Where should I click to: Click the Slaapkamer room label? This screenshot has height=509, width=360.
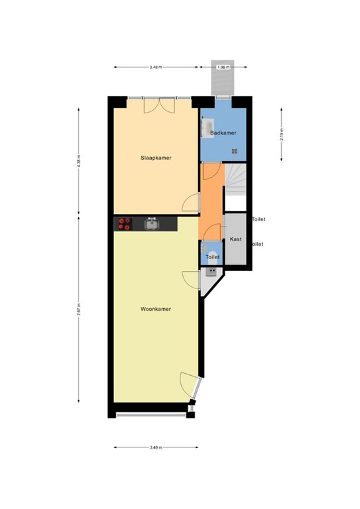pyautogui.click(x=156, y=158)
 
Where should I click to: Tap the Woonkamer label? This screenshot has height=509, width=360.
pyautogui.click(x=156, y=309)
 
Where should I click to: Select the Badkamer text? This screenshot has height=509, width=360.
pyautogui.click(x=223, y=133)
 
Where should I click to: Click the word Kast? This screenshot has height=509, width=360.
pyautogui.click(x=235, y=239)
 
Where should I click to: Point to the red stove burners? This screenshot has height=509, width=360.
pyautogui.click(x=124, y=224)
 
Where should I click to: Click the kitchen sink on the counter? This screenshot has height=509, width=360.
pyautogui.click(x=152, y=224)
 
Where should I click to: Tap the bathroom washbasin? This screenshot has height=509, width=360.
pyautogui.click(x=207, y=126)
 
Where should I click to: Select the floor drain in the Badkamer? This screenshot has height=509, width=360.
pyautogui.click(x=233, y=150)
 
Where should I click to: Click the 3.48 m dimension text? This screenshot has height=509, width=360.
pyautogui.click(x=156, y=67)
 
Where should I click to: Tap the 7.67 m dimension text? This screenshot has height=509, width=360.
pyautogui.click(x=79, y=309)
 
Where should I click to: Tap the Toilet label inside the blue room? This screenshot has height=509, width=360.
pyautogui.click(x=212, y=256)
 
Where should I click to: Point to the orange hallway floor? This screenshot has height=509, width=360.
pyautogui.click(x=211, y=199)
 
